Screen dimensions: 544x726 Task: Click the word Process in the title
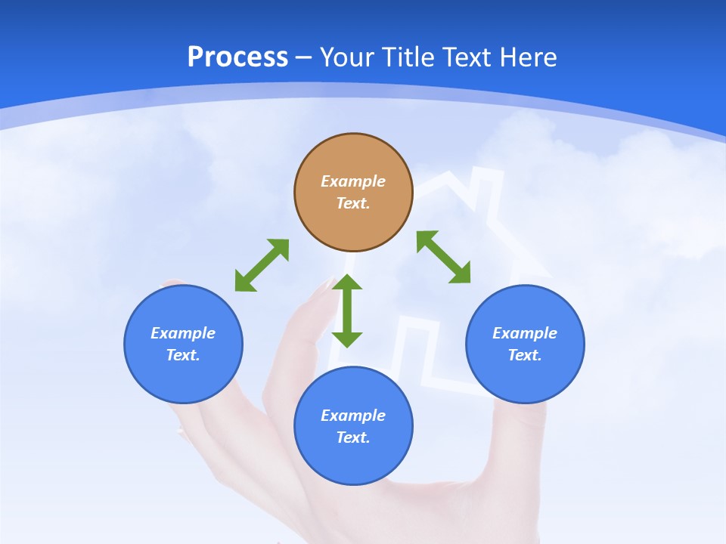click(237, 57)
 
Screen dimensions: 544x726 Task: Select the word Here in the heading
click(527, 57)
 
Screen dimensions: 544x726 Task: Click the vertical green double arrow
click(347, 311)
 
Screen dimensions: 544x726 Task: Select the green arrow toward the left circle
click(262, 265)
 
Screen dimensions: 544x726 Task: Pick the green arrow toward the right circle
click(444, 257)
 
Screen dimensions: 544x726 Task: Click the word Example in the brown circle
click(353, 181)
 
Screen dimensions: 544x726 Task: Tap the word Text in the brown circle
click(353, 203)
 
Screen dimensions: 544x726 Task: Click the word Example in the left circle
click(183, 333)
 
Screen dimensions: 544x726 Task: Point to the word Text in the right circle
click(525, 355)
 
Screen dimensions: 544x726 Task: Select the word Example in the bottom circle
click(353, 416)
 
